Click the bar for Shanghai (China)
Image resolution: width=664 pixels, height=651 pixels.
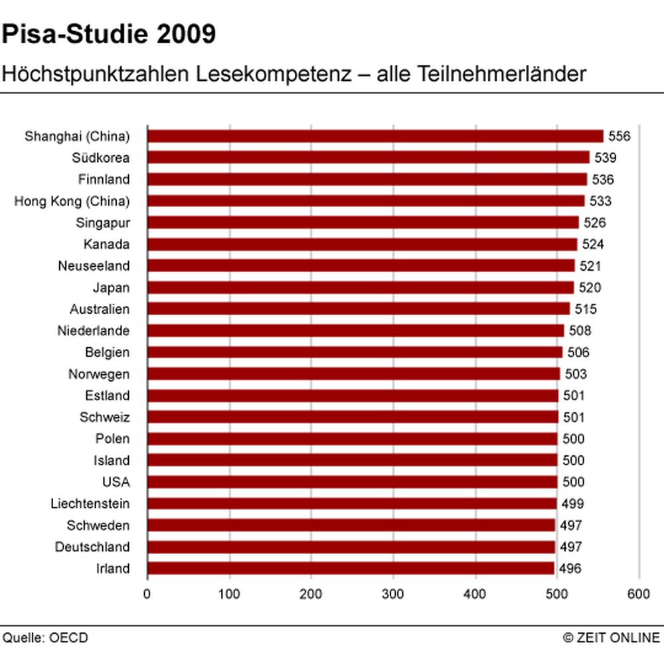pos(375,136)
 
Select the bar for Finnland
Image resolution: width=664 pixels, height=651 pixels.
pos(367,179)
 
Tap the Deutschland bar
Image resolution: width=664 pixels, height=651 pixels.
pos(351,547)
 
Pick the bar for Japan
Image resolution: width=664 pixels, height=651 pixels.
pos(361,287)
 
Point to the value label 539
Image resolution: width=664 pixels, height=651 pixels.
pos(606,158)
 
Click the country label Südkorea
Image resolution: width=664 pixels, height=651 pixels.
pos(101,158)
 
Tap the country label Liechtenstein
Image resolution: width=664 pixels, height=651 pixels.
pos(90,504)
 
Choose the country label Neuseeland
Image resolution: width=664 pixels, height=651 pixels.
pos(94,266)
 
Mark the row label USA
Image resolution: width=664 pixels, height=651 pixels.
pos(117,482)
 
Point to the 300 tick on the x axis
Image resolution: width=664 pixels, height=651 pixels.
pos(394,594)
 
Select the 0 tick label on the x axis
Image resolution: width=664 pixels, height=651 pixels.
pos(147,594)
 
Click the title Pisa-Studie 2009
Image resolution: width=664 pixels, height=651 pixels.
pos(109,35)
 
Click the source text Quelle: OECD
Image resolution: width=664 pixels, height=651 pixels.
pos(45,638)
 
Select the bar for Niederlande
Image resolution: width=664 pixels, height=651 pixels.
pos(356,330)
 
